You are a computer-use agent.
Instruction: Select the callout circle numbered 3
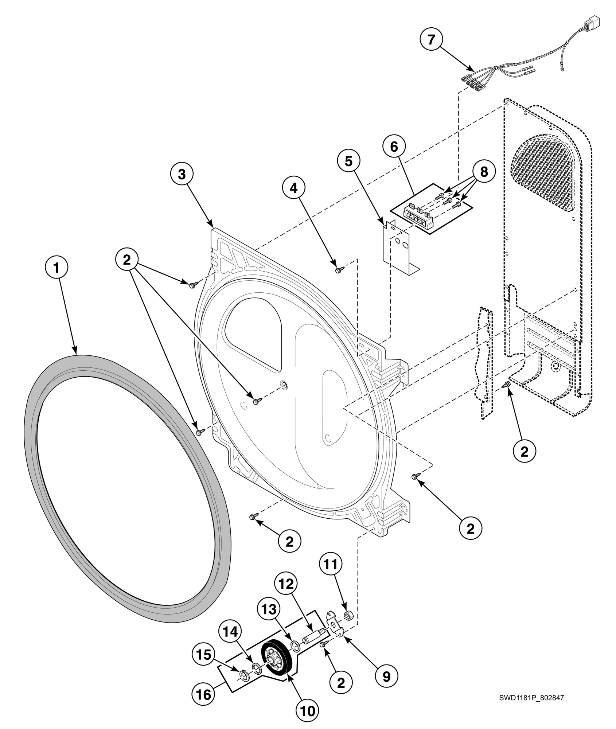pos(182,174)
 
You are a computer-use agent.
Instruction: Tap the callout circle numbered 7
pos(431,39)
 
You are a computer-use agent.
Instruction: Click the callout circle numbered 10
pos(307,710)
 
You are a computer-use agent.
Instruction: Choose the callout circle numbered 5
pos(349,161)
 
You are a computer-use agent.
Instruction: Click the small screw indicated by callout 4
pos(338,270)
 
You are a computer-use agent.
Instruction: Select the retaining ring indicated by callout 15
pos(244,677)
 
